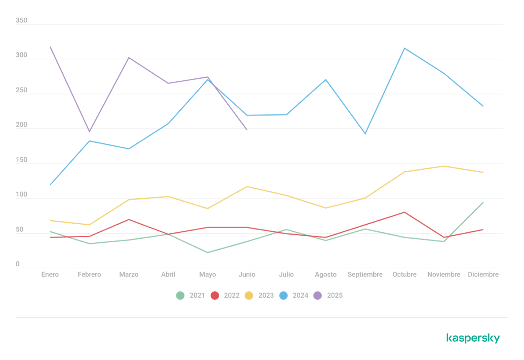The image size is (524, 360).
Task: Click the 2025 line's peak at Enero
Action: pyautogui.click(x=50, y=47)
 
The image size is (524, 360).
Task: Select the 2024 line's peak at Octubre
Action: pyautogui.click(x=404, y=48)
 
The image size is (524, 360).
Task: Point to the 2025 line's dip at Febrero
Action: pyautogui.click(x=89, y=132)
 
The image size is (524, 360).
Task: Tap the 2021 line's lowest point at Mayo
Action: pyautogui.click(x=208, y=252)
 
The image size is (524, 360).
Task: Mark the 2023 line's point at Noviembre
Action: pyautogui.click(x=444, y=166)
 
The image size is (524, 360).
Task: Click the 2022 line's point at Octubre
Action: pyautogui.click(x=404, y=212)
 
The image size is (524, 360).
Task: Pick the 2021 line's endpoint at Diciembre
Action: pyautogui.click(x=483, y=202)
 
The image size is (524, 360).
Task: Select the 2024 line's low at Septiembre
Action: pyautogui.click(x=365, y=134)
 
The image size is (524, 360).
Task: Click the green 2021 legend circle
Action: pyautogui.click(x=180, y=295)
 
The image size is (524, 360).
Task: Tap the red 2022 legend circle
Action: pyautogui.click(x=215, y=295)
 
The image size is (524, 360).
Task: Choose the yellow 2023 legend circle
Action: pyautogui.click(x=249, y=295)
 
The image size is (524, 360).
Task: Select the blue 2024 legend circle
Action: pyautogui.click(x=283, y=295)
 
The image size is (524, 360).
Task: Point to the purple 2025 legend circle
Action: pyautogui.click(x=318, y=295)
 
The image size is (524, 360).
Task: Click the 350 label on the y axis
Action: pyautogui.click(x=21, y=21)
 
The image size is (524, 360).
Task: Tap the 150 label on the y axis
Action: pyautogui.click(x=21, y=160)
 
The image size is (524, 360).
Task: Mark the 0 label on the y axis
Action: pyautogui.click(x=18, y=264)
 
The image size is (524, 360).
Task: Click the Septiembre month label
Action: pyautogui.click(x=365, y=274)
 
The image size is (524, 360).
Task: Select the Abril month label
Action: pyautogui.click(x=168, y=274)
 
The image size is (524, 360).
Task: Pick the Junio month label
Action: pyautogui.click(x=247, y=274)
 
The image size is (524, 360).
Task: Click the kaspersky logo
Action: pyautogui.click(x=473, y=338)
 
